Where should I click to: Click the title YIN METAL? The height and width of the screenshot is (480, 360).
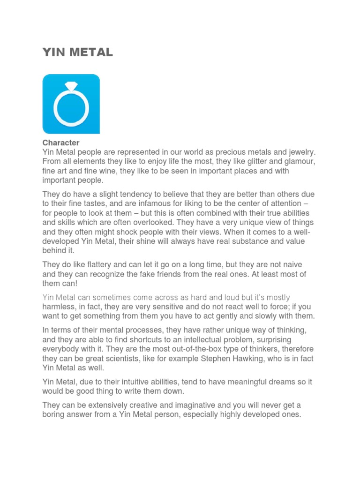[x=77, y=52]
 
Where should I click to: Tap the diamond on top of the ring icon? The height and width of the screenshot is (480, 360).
[x=71, y=86]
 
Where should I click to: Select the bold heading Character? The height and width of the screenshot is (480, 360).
[x=61, y=142]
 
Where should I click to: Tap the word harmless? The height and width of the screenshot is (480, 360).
[x=60, y=307]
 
